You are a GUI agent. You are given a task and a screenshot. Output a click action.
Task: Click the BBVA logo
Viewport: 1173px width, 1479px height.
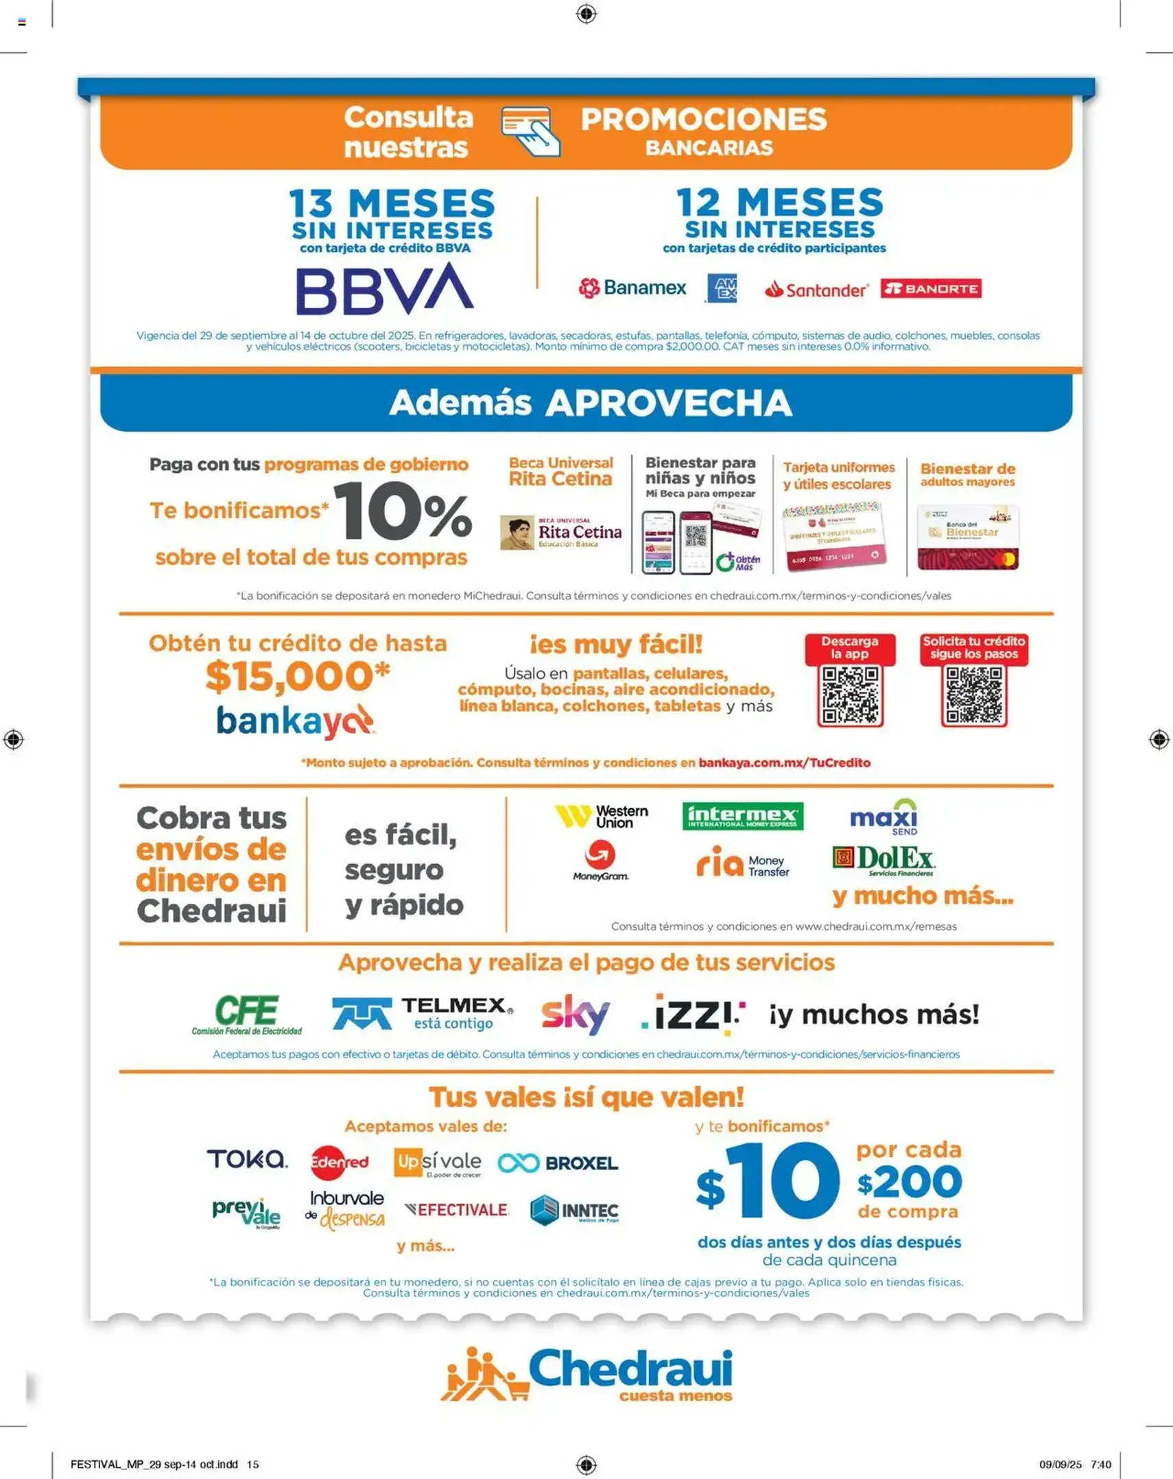pos(384,289)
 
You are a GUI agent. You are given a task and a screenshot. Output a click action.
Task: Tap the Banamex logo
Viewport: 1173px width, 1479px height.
pos(632,288)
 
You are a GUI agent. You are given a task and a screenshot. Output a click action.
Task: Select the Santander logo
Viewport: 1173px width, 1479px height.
pos(816,290)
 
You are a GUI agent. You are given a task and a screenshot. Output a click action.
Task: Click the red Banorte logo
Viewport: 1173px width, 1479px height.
pos(930,288)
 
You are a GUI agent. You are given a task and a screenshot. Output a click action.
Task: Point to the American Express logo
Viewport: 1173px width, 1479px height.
pos(722,288)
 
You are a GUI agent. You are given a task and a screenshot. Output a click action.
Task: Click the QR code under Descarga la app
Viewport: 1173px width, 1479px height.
pos(850,695)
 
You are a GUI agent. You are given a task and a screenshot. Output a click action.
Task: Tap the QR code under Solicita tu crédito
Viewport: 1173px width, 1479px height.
pos(973,695)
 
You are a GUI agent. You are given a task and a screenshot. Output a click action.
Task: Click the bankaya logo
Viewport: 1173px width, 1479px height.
pos(295,721)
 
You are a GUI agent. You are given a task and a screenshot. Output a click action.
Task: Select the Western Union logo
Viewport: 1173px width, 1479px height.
pos(602,816)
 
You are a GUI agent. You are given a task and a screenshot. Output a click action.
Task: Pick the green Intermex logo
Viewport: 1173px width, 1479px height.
pos(742,816)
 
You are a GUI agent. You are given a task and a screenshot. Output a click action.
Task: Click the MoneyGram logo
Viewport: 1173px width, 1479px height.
pos(600,861)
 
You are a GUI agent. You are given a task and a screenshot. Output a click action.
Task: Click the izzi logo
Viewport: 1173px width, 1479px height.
pos(693,1014)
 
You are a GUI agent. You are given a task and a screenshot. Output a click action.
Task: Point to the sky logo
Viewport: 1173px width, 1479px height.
pos(575,1013)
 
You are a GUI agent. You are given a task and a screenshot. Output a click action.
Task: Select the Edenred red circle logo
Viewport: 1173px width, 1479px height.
pos(339,1162)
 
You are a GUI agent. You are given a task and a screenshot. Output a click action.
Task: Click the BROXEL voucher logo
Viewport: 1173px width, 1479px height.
pos(558,1163)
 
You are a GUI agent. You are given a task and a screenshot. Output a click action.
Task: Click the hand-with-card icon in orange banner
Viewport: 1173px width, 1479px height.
pos(530,130)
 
